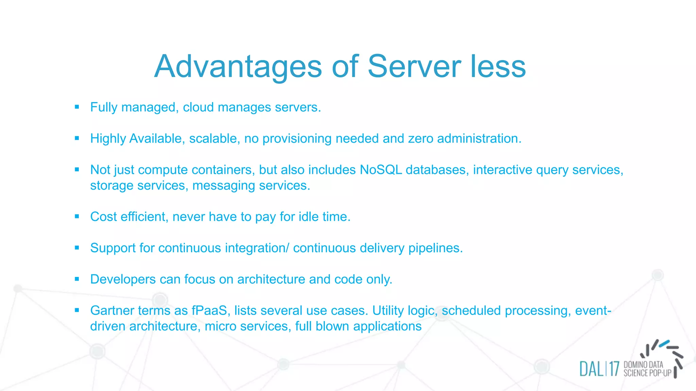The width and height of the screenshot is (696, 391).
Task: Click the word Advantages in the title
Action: click(x=238, y=67)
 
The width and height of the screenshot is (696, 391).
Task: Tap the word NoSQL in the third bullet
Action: click(x=381, y=170)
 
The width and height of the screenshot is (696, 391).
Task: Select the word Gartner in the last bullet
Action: click(x=112, y=311)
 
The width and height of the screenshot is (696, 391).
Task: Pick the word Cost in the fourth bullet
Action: click(x=103, y=217)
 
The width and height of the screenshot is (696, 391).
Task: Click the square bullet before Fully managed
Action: click(x=77, y=107)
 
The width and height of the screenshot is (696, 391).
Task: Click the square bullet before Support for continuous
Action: click(x=77, y=248)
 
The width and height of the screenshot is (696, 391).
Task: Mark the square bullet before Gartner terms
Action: click(x=77, y=310)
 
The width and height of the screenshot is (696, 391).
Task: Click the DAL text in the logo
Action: click(x=591, y=369)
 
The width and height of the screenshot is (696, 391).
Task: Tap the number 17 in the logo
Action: click(x=614, y=369)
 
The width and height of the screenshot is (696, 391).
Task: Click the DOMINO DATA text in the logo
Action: click(x=643, y=365)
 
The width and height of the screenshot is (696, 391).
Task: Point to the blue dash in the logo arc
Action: click(x=664, y=343)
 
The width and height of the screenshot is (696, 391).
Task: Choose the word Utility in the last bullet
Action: click(x=388, y=311)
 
